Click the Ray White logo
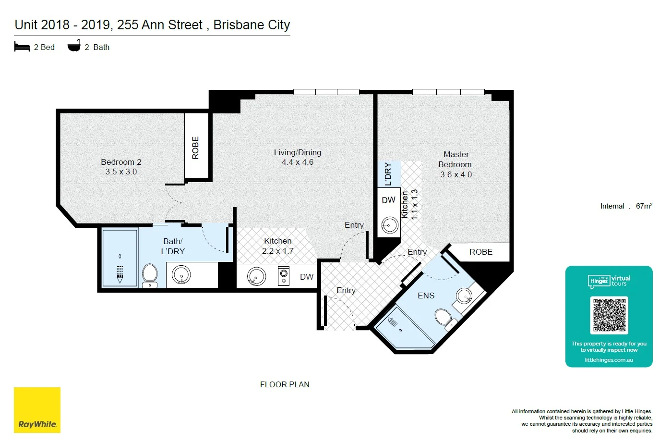tap(37, 410)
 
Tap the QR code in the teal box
tap(609, 315)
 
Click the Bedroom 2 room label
tap(121, 162)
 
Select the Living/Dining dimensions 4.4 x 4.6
tap(298, 162)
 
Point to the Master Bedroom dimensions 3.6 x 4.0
tap(456, 174)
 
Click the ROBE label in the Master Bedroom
tap(480, 252)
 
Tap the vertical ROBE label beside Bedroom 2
tap(195, 148)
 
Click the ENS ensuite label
tap(426, 296)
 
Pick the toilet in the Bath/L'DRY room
tap(150, 275)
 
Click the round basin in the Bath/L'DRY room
tap(181, 275)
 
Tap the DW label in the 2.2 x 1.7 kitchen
tap(306, 277)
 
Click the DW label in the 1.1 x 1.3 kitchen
tap(388, 200)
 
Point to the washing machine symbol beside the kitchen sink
tap(284, 276)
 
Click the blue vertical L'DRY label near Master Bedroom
tap(388, 173)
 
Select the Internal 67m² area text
tap(626, 206)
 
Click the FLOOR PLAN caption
tap(285, 384)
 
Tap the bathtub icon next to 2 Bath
tap(74, 47)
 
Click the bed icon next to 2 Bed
tap(22, 47)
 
